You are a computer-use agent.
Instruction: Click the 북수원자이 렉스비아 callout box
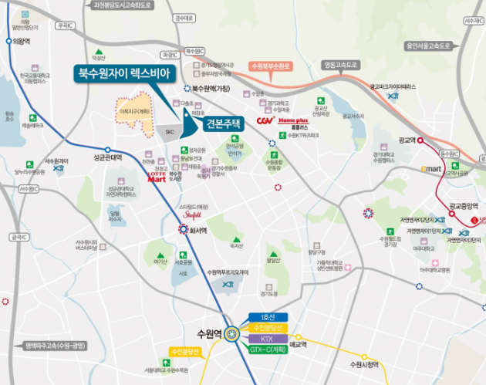(x=126, y=74)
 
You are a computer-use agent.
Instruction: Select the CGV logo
(x=265, y=121)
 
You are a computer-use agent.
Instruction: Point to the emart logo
(x=431, y=168)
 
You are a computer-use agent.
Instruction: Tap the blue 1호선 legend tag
(x=268, y=317)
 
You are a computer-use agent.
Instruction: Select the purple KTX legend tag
(x=268, y=339)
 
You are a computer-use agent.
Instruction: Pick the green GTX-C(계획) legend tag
(x=268, y=350)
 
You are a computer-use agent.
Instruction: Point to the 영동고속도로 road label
(x=341, y=65)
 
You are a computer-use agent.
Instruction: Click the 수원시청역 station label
(x=364, y=364)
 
